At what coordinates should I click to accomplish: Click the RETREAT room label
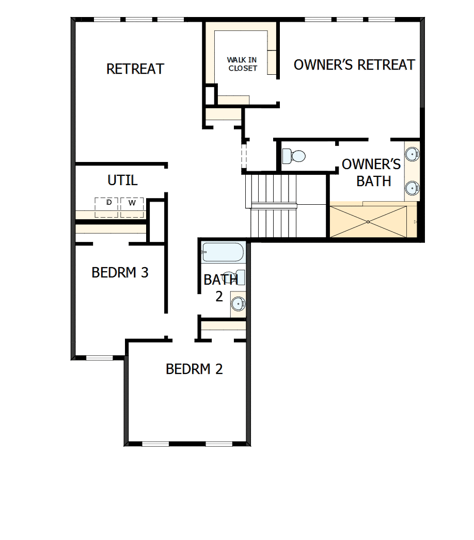(x=135, y=69)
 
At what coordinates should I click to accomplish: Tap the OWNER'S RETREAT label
(x=354, y=65)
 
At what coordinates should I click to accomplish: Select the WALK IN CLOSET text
(x=242, y=64)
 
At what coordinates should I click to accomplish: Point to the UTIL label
(x=122, y=181)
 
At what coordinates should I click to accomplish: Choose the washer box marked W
(x=132, y=207)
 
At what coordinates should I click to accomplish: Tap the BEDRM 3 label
(x=120, y=272)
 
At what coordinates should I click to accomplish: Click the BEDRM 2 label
(x=194, y=369)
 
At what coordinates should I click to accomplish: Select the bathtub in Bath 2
(x=223, y=252)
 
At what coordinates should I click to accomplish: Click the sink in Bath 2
(x=238, y=303)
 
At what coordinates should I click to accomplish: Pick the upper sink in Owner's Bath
(x=412, y=154)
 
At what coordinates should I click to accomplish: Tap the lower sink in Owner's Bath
(x=412, y=187)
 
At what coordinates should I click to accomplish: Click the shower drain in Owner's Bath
(x=368, y=222)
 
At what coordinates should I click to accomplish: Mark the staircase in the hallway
(x=274, y=205)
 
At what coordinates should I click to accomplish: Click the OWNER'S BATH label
(x=371, y=173)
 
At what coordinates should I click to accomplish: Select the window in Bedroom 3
(x=99, y=358)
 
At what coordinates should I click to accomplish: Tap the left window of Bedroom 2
(x=155, y=444)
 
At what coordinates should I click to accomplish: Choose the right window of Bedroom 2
(x=219, y=444)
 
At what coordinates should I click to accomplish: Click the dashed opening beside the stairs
(x=244, y=155)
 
